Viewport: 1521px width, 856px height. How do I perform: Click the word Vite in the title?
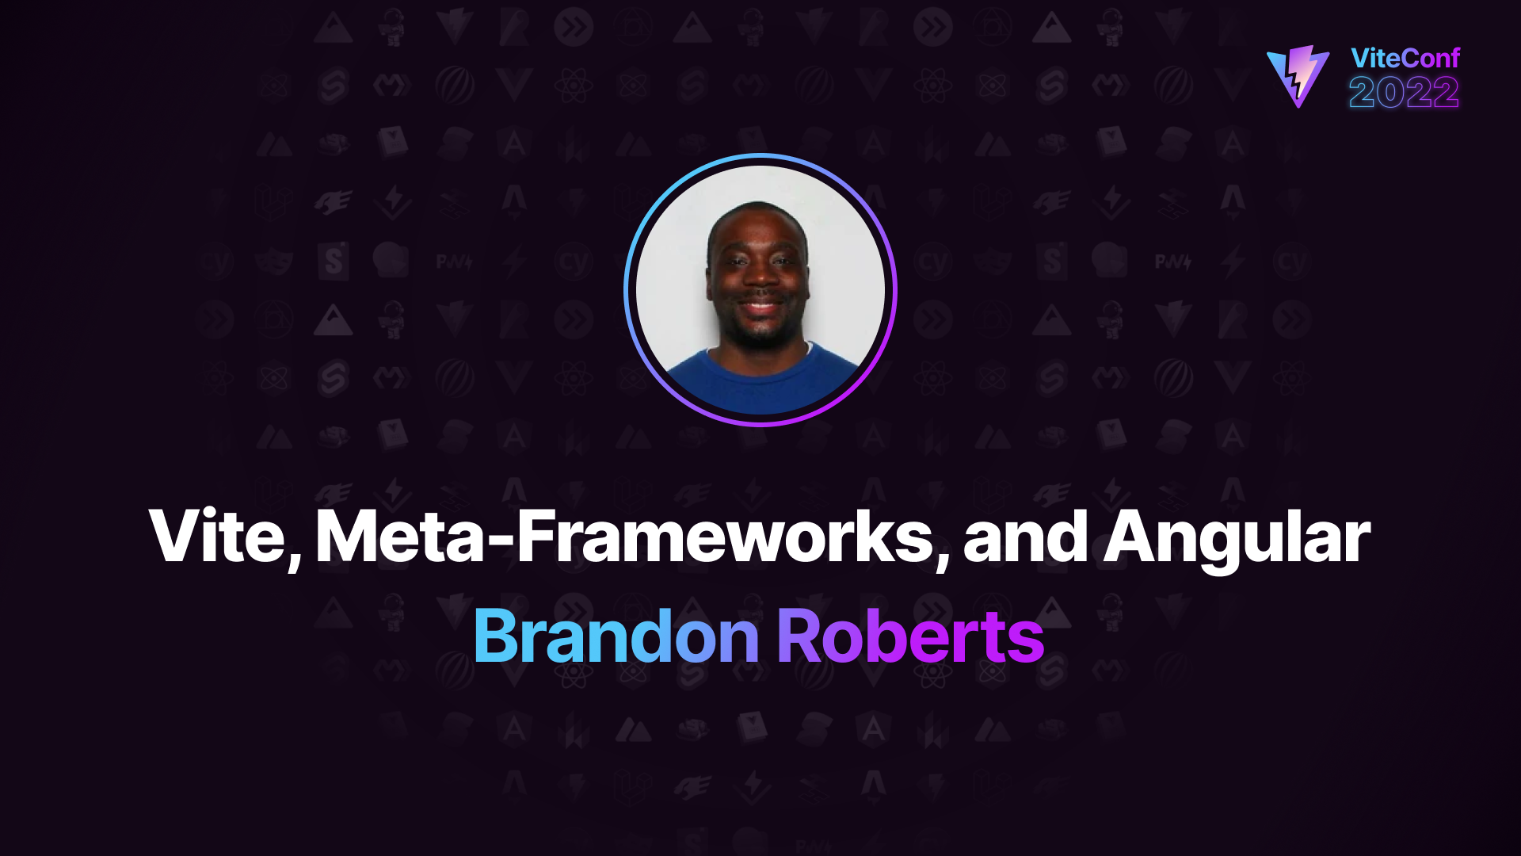pyautogui.click(x=218, y=537)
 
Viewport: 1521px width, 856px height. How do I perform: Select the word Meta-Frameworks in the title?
pyautogui.click(x=625, y=537)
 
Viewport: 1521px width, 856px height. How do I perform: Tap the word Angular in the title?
pyautogui.click(x=1237, y=540)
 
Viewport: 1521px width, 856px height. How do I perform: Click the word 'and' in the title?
pyautogui.click(x=1026, y=537)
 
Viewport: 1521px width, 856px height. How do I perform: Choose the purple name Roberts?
pyautogui.click(x=910, y=636)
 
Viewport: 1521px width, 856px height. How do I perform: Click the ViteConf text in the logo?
pyautogui.click(x=1405, y=58)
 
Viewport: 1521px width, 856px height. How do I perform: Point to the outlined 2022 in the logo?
pyautogui.click(x=1404, y=93)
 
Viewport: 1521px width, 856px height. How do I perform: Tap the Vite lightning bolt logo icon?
pyautogui.click(x=1298, y=76)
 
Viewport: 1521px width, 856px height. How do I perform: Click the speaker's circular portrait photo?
pyautogui.click(x=760, y=290)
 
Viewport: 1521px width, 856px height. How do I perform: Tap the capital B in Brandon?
pyautogui.click(x=496, y=636)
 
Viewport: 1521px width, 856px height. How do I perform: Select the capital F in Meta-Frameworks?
pyautogui.click(x=536, y=537)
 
